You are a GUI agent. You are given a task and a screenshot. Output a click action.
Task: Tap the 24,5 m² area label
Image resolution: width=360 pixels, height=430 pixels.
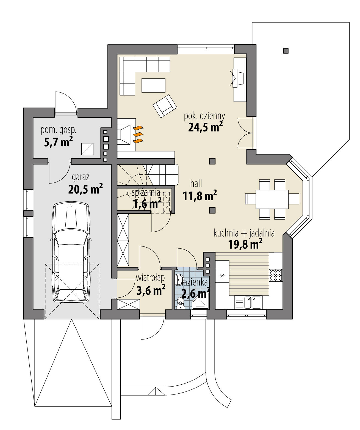click(205, 127)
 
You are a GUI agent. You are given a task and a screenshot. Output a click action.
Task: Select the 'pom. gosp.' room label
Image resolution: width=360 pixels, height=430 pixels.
click(58, 130)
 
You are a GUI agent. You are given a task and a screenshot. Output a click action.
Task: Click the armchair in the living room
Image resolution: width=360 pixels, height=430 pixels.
click(165, 106)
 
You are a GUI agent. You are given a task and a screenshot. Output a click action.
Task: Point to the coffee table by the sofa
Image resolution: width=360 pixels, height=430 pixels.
click(153, 85)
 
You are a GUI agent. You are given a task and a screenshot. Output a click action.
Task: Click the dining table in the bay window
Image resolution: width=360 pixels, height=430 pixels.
click(272, 199)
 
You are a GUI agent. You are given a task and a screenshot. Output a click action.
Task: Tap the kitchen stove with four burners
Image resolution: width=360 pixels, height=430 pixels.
click(276, 275)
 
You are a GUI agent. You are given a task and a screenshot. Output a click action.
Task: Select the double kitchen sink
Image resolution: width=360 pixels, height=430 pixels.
click(252, 302)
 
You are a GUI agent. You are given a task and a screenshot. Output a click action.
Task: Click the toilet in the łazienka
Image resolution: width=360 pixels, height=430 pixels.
click(180, 303)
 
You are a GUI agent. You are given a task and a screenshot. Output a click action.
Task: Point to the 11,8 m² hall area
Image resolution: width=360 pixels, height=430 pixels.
click(200, 196)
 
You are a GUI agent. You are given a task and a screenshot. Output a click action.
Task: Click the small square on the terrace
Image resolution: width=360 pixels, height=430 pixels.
click(286, 51)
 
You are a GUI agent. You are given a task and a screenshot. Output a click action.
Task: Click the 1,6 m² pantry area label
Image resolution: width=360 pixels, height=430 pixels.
click(147, 204)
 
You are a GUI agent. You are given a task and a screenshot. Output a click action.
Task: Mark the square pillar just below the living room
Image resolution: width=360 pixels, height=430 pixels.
click(212, 161)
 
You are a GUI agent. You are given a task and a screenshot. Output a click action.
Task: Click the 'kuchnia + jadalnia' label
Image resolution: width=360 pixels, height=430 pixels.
click(244, 233)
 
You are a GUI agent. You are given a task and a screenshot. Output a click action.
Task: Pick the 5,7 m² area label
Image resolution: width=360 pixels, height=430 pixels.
click(58, 142)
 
